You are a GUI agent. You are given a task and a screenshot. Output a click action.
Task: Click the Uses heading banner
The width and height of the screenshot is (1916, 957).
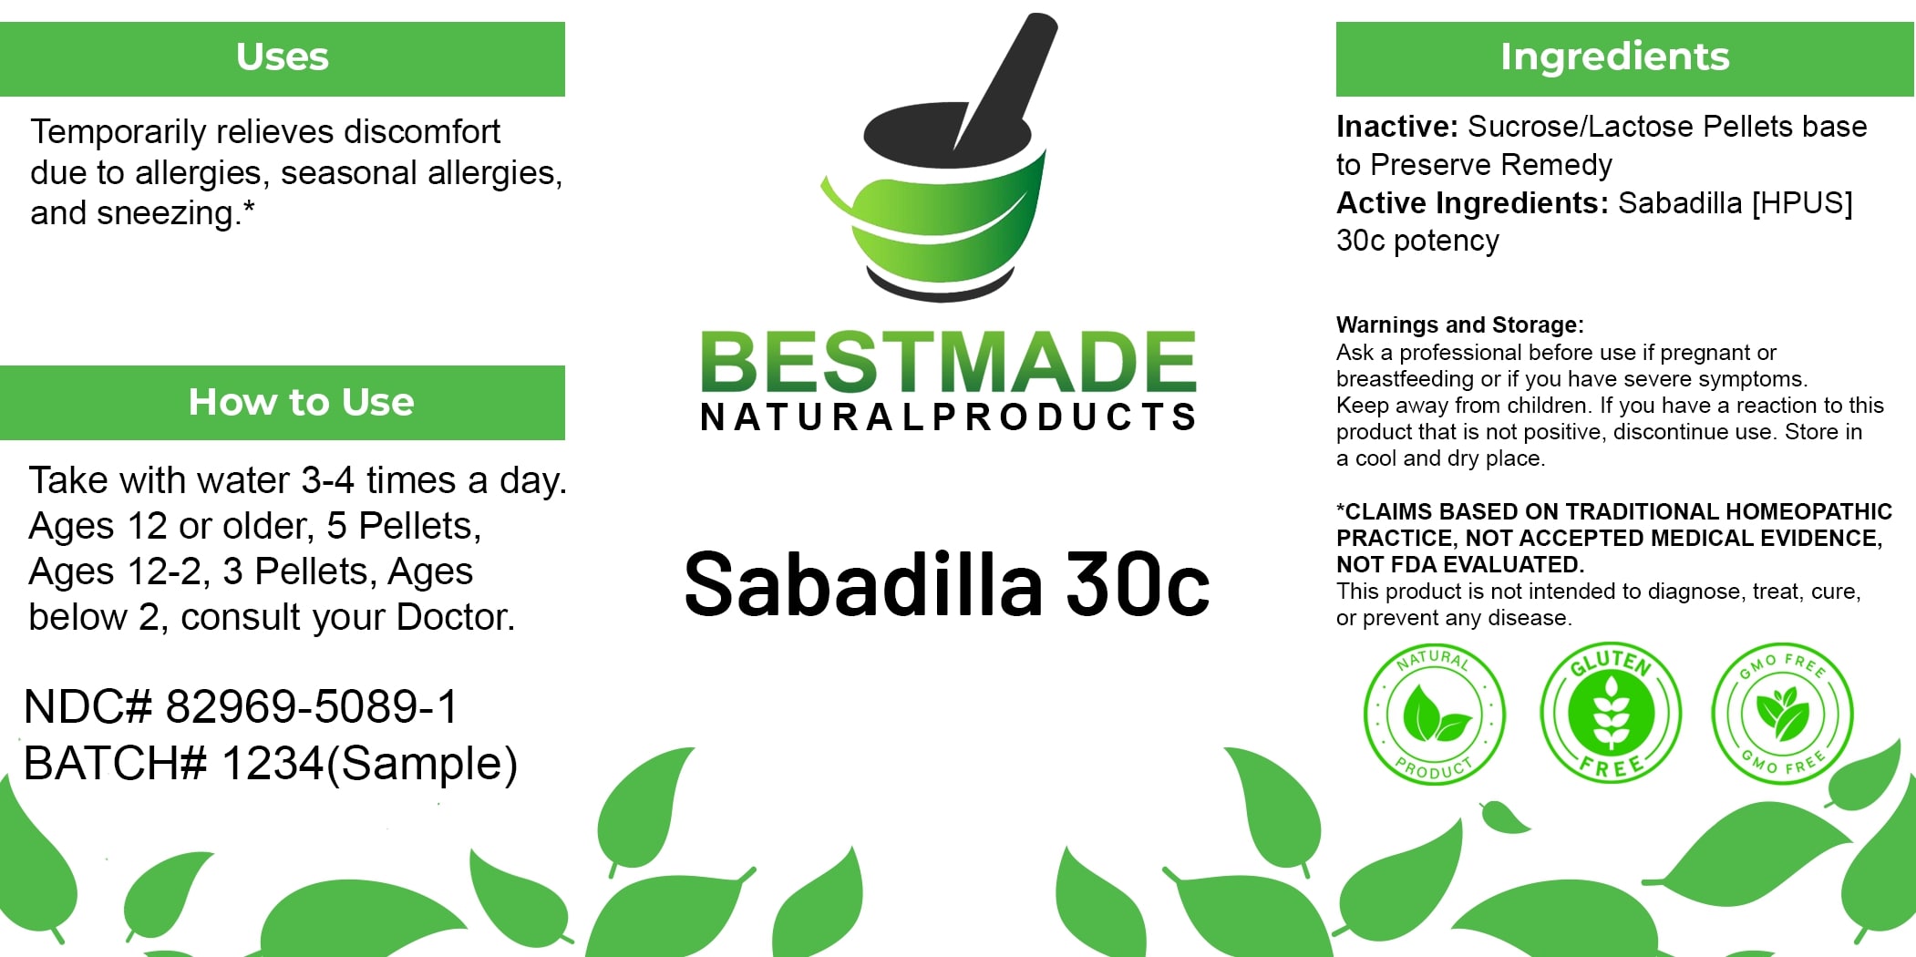point(283,57)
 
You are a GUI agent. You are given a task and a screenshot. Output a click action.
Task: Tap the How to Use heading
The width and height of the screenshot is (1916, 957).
point(301,402)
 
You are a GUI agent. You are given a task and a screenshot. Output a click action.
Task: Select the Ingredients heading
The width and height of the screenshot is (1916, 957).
point(1614,57)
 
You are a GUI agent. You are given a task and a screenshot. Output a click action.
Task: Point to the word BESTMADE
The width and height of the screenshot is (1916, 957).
point(948,362)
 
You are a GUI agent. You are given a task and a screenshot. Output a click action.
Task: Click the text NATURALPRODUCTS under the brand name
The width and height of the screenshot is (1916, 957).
point(948,417)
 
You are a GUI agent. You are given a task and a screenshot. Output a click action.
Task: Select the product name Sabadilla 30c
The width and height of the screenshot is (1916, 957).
point(946,584)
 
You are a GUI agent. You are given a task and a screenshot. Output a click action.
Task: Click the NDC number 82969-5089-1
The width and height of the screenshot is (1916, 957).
point(312,706)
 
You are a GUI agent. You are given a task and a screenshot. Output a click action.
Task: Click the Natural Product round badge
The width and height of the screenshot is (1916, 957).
point(1434,715)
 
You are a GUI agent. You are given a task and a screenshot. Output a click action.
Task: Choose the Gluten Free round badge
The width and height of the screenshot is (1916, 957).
point(1611,713)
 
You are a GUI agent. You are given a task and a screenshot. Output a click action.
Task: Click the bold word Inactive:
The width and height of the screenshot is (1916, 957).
point(1397,127)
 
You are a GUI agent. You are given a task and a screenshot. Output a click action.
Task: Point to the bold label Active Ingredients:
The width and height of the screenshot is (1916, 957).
point(1472,202)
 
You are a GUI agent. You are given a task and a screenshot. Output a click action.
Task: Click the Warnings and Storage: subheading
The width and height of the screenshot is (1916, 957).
point(1459,324)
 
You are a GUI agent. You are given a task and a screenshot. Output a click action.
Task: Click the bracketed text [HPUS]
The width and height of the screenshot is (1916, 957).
point(1802,202)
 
